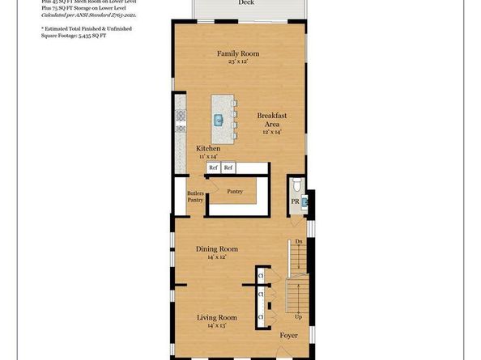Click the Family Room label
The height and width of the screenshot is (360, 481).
pyautogui.click(x=236, y=53)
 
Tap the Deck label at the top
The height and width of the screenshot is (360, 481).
pyautogui.click(x=245, y=3)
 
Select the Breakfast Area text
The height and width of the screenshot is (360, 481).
pyautogui.click(x=273, y=121)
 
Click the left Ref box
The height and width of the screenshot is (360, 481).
pyautogui.click(x=213, y=167)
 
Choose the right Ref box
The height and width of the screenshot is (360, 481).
pyautogui.click(x=228, y=167)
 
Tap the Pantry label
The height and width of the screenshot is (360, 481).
pyautogui.click(x=236, y=192)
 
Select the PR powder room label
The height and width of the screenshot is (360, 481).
pyautogui.click(x=296, y=201)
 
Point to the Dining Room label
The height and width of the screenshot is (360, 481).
pyautogui.click(x=217, y=248)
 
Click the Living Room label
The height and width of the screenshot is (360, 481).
pyautogui.click(x=217, y=318)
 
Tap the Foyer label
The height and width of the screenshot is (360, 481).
pyautogui.click(x=289, y=334)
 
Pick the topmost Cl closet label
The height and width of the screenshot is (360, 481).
pyautogui.click(x=261, y=277)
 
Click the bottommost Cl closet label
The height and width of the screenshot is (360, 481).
pyautogui.click(x=261, y=317)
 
